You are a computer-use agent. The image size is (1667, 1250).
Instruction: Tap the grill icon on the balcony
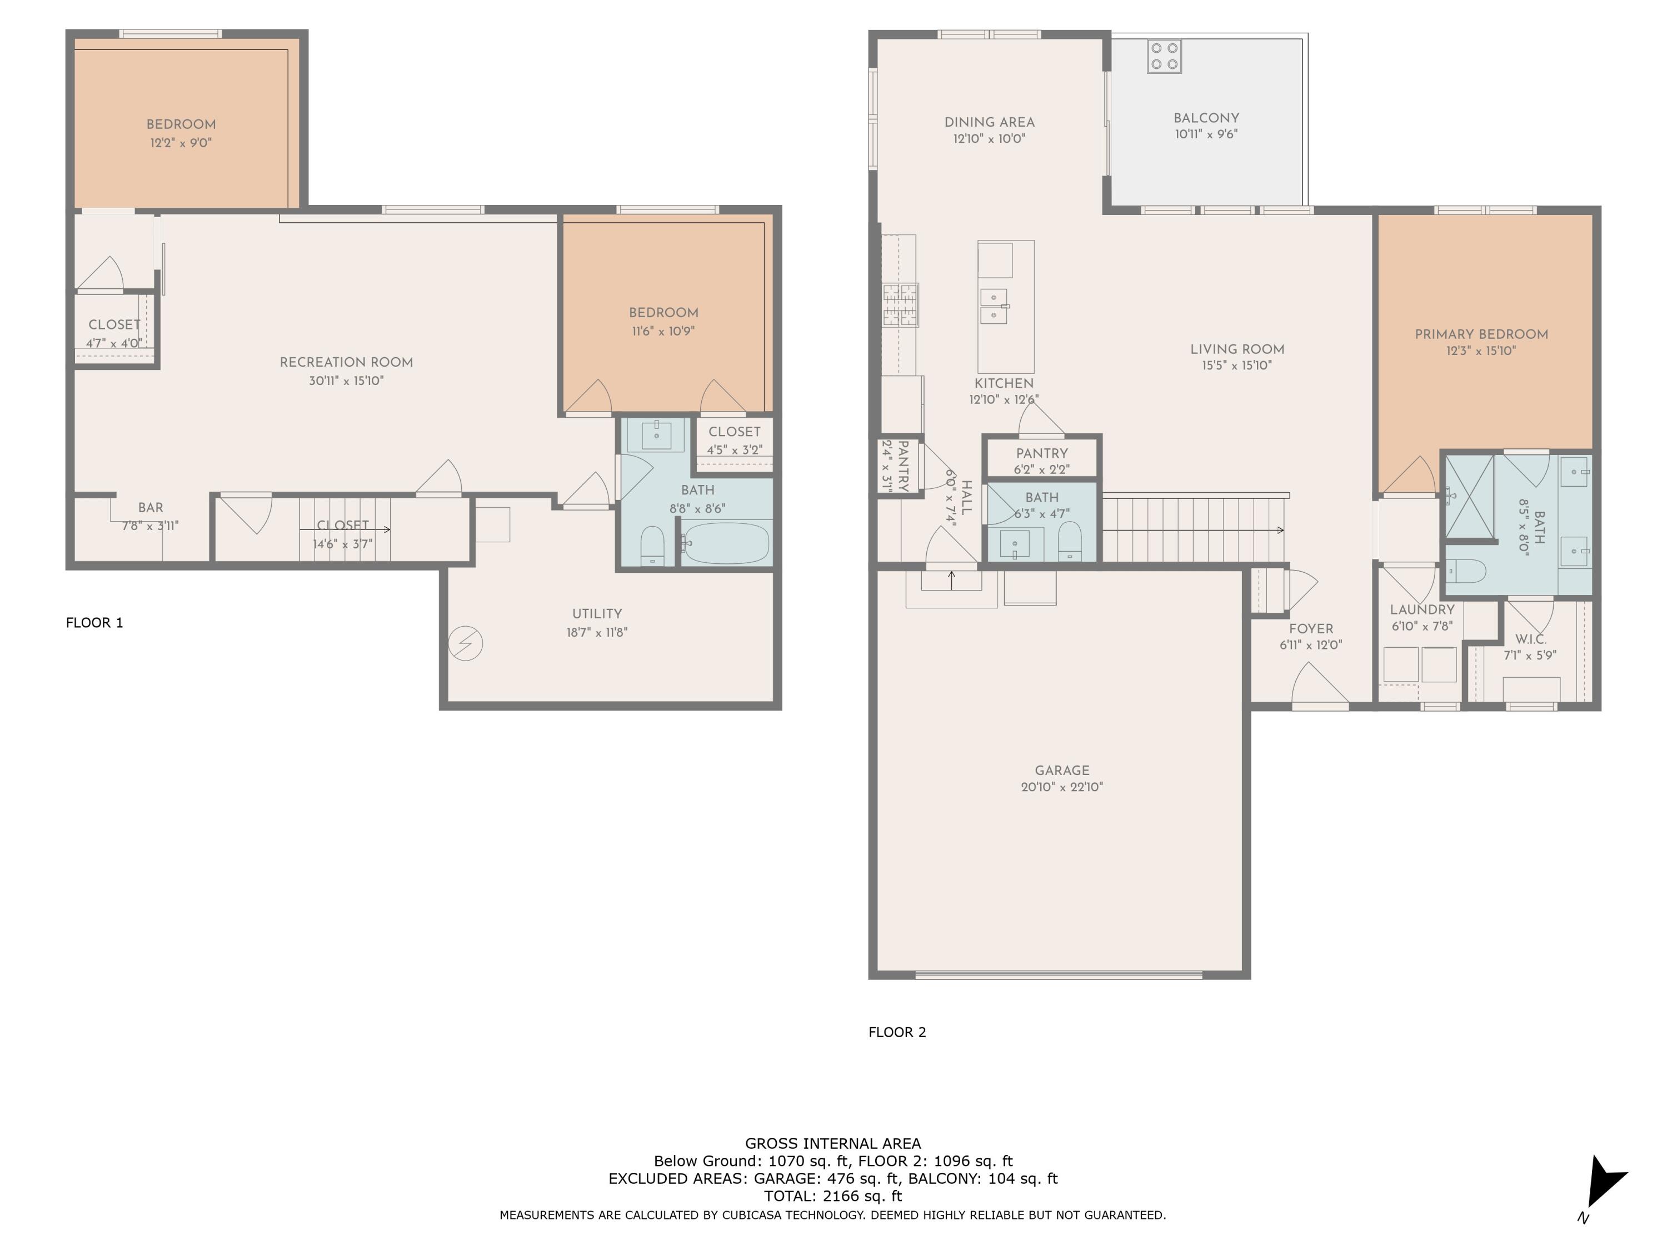click(x=1164, y=57)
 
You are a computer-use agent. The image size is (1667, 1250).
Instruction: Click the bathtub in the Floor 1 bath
click(x=726, y=542)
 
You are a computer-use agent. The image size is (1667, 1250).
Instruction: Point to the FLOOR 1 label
click(x=94, y=622)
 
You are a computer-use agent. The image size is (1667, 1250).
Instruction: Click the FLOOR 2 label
click(x=897, y=1032)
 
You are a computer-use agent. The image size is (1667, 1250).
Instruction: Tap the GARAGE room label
click(x=1062, y=770)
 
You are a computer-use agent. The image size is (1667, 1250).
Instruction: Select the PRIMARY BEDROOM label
click(x=1481, y=334)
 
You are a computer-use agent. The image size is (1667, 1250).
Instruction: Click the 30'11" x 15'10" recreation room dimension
click(x=346, y=381)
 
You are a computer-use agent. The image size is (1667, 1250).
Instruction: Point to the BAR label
click(x=151, y=508)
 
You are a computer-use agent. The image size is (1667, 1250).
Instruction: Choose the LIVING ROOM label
click(x=1237, y=349)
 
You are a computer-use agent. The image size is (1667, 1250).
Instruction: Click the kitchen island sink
click(x=994, y=305)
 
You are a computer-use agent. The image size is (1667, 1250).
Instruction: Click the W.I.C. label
click(x=1531, y=639)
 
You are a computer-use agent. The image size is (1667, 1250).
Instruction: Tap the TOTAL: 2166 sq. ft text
click(x=833, y=1196)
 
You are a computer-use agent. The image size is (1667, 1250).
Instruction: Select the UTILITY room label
click(x=597, y=613)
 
